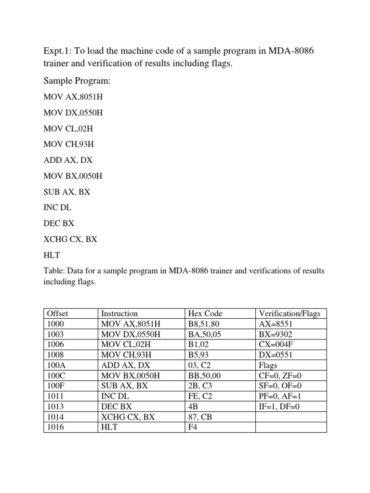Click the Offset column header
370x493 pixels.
pyautogui.click(x=57, y=313)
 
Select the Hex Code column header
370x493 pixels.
pyautogui.click(x=205, y=313)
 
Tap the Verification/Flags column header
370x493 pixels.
pyautogui.click(x=290, y=313)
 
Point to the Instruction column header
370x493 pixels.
pyautogui.click(x=119, y=313)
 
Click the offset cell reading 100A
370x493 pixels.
pyautogui.click(x=55, y=365)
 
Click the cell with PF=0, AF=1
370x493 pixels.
pyautogui.click(x=282, y=396)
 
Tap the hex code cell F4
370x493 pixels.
pyautogui.click(x=193, y=427)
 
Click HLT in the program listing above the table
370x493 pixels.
pyautogui.click(x=52, y=255)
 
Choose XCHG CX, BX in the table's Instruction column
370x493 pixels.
pyautogui.click(x=128, y=417)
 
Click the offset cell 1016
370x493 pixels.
pyautogui.click(x=55, y=427)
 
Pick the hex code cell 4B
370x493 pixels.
pyautogui.click(x=193, y=407)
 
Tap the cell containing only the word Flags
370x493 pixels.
pyautogui.click(x=268, y=365)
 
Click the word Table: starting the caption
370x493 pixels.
pyautogui.click(x=54, y=271)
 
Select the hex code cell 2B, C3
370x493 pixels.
pyautogui.click(x=200, y=386)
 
